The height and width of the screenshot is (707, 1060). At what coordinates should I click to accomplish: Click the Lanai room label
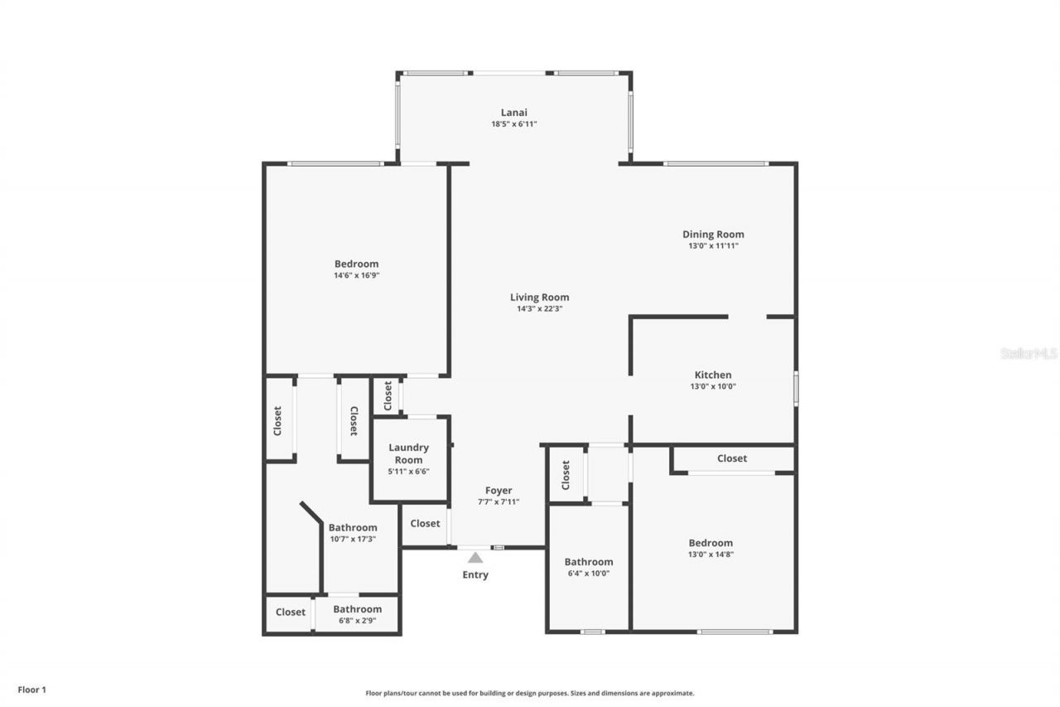tap(513, 113)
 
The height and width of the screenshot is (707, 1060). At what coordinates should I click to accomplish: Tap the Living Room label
tap(539, 298)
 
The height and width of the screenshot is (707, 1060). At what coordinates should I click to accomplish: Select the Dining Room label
tap(713, 235)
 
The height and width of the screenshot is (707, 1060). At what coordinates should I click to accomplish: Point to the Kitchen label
tap(712, 375)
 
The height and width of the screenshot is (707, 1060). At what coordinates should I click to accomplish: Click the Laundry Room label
tap(409, 453)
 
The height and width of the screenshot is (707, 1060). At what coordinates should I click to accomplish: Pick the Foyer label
tap(499, 491)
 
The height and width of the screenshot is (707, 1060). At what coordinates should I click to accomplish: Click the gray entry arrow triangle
tap(475, 558)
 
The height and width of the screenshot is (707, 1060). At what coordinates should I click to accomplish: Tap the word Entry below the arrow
tap(475, 575)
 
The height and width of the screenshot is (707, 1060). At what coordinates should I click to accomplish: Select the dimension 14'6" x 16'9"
tap(356, 275)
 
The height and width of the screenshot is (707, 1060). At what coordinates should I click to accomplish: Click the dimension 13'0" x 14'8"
tap(710, 554)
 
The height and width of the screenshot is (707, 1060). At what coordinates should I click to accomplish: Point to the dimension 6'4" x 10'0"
tap(589, 573)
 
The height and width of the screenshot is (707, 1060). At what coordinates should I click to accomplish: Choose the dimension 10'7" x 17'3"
tap(353, 539)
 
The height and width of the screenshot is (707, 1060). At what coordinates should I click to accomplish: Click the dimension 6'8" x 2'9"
tap(357, 620)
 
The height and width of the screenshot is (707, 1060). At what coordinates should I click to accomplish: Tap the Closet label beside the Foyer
tap(425, 524)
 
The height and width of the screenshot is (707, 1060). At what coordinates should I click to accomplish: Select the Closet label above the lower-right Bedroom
tap(731, 458)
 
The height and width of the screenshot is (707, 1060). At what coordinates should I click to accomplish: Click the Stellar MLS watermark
tap(1029, 353)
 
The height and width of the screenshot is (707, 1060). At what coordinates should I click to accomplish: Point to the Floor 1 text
tap(32, 689)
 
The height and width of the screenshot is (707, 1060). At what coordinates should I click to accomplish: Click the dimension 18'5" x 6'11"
tap(513, 124)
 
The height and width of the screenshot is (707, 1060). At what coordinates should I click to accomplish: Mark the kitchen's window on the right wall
tap(796, 389)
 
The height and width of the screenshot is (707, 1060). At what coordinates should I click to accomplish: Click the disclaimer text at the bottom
tap(530, 693)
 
